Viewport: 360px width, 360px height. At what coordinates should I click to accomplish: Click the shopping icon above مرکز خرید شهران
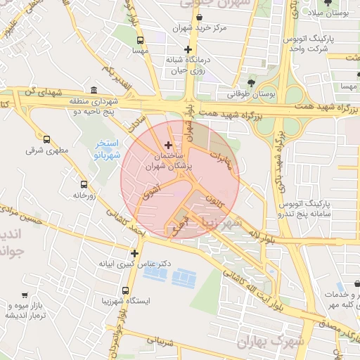tap(200, 16)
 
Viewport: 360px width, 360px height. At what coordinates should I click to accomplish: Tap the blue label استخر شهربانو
tap(108, 150)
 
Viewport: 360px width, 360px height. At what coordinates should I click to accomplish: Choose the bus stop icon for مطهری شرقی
tap(47, 139)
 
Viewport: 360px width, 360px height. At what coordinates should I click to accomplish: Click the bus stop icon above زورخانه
tap(84, 185)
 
